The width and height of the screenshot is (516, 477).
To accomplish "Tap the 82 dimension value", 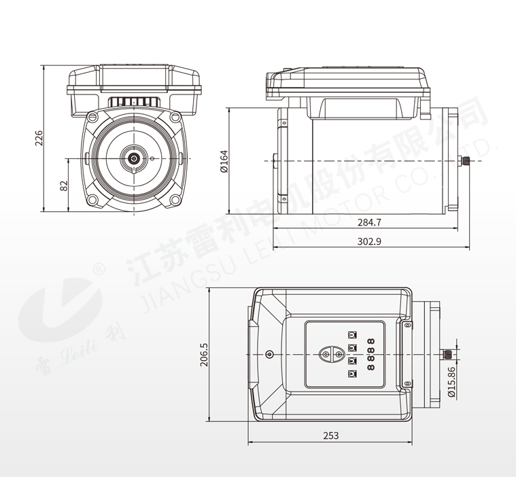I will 64,185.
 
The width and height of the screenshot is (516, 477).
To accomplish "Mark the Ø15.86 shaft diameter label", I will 451,383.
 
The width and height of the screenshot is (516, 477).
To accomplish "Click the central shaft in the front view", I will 134,158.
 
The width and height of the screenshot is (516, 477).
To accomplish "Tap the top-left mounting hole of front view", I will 92,116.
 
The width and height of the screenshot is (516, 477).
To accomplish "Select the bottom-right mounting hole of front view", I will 176,200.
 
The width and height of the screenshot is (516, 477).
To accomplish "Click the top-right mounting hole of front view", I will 175,116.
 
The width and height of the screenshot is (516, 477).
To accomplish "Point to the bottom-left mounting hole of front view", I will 92,200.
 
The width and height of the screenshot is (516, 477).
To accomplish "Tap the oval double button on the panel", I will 332,354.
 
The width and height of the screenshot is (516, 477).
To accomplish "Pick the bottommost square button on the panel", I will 351,373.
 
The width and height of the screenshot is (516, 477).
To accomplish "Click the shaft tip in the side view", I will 467,161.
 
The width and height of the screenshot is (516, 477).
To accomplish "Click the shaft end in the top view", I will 447,354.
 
